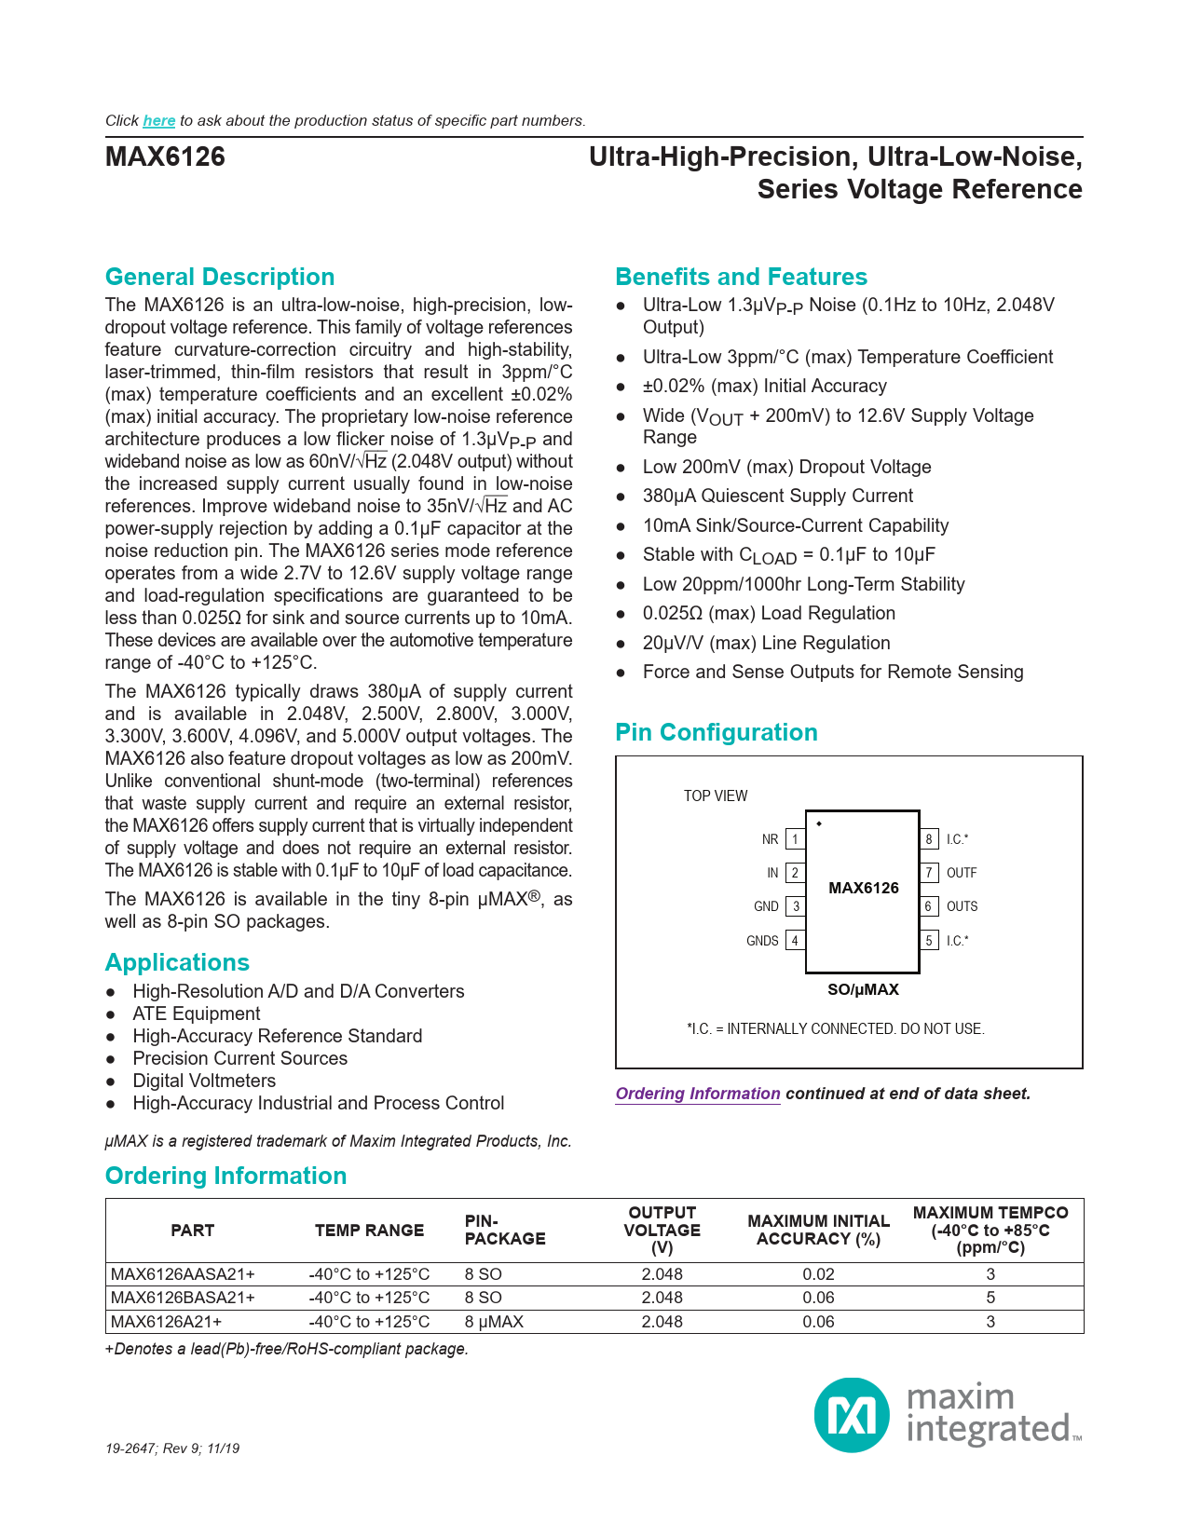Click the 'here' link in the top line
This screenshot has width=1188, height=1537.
158,121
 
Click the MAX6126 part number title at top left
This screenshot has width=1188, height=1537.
165,156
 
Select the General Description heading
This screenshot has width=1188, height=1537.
220,278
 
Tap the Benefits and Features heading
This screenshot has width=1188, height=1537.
741,278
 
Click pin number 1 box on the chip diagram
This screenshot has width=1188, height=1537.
795,839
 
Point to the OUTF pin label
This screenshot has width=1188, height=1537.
962,873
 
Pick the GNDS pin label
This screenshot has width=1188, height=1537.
762,941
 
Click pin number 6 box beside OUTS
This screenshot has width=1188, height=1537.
929,906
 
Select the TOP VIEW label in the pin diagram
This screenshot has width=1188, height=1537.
716,796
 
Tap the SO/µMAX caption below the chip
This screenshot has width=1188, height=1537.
863,989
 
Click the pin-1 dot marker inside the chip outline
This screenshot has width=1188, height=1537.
819,823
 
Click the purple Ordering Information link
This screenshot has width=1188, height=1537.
698,1094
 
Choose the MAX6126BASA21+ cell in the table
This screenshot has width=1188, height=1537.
183,1298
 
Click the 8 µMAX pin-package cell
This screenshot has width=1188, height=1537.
494,1322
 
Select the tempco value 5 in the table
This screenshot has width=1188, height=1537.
990,1298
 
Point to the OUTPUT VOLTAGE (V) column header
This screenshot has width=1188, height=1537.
662,1230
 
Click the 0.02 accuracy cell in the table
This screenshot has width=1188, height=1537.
818,1274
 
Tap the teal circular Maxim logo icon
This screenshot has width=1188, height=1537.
852,1415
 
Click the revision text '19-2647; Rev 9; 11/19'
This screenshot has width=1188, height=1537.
172,1449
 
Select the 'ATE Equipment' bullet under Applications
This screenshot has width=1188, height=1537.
197,1013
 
